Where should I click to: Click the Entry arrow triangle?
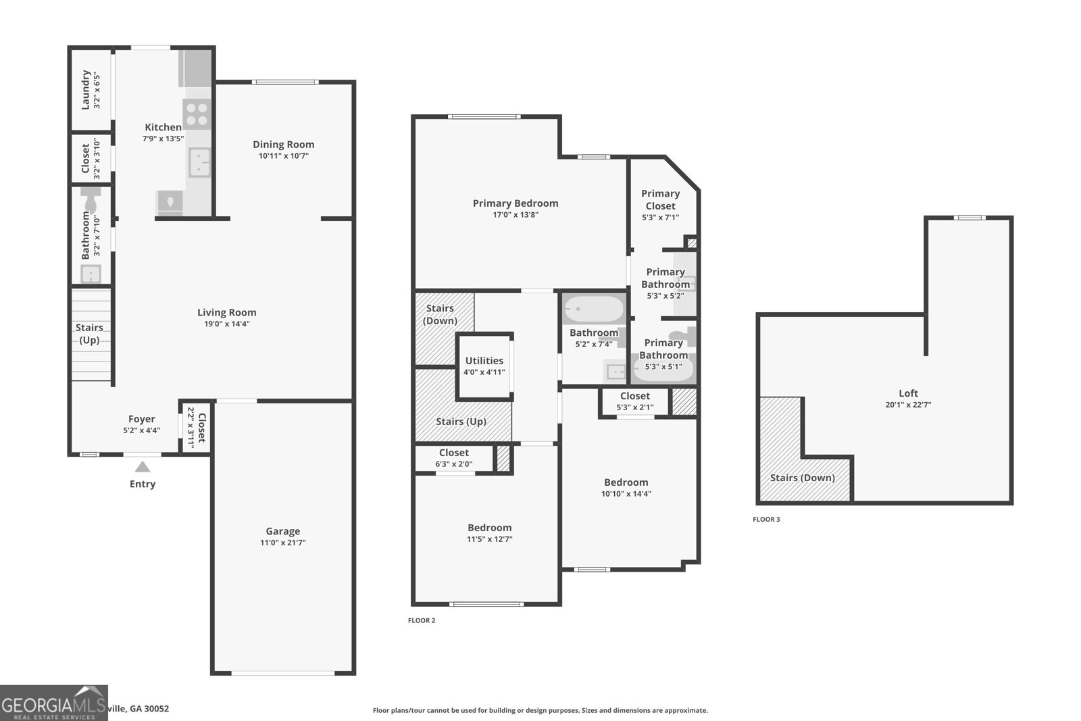pyautogui.click(x=142, y=466)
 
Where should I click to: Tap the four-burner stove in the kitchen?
pyautogui.click(x=197, y=114)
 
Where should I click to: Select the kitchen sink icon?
pyautogui.click(x=199, y=163)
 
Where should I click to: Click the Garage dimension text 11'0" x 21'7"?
pyautogui.click(x=283, y=543)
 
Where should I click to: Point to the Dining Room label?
pyautogui.click(x=283, y=144)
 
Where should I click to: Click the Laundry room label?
pyautogui.click(x=86, y=89)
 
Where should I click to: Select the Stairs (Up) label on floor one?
pyautogui.click(x=89, y=334)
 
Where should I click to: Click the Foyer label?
pyautogui.click(x=141, y=419)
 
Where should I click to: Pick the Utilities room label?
pyautogui.click(x=484, y=361)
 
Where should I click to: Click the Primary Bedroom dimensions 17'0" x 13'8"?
pyautogui.click(x=516, y=215)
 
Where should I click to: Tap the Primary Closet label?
pyautogui.click(x=660, y=199)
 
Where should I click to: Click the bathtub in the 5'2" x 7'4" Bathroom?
pyautogui.click(x=594, y=309)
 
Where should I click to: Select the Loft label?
pyautogui.click(x=908, y=393)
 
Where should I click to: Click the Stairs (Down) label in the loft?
pyautogui.click(x=802, y=478)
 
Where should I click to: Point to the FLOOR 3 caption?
pyautogui.click(x=766, y=520)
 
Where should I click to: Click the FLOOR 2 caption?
pyautogui.click(x=422, y=620)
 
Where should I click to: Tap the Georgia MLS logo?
pyautogui.click(x=53, y=703)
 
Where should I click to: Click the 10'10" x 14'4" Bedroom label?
pyautogui.click(x=626, y=482)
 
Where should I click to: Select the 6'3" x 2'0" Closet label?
pyautogui.click(x=453, y=453)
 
